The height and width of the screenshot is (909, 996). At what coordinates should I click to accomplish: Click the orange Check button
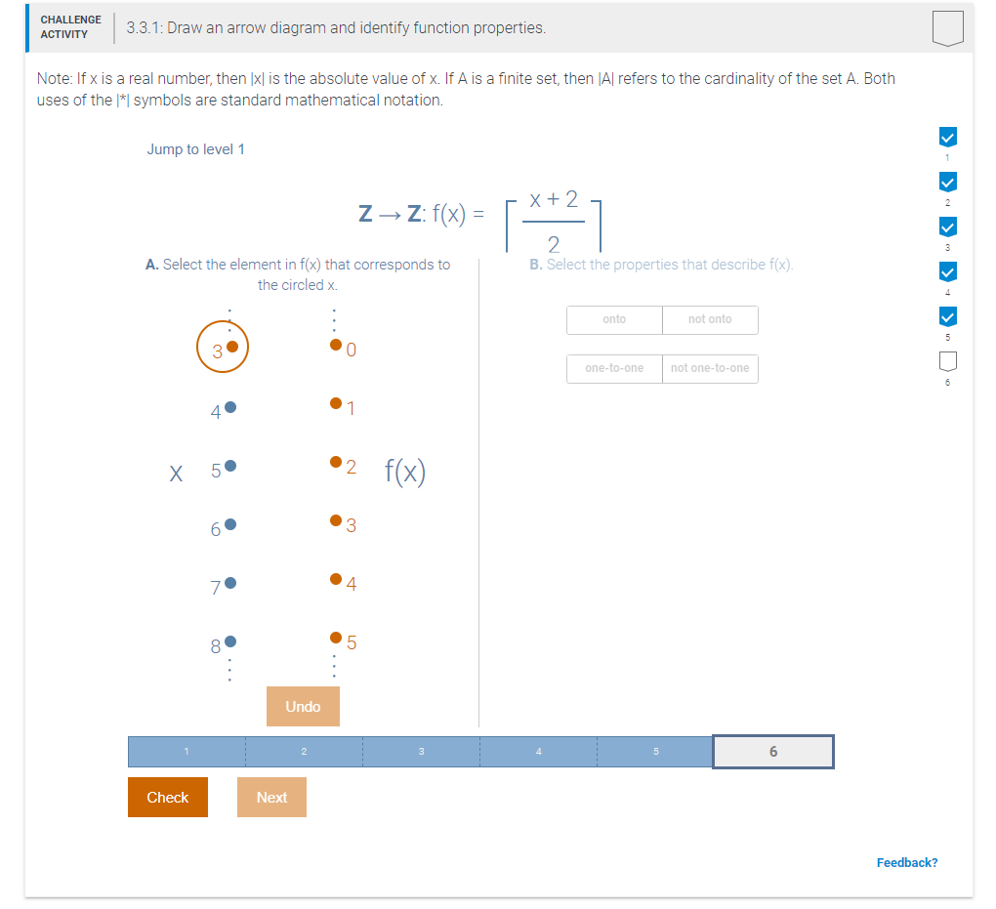(x=167, y=797)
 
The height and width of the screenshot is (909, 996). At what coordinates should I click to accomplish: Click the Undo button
(x=303, y=706)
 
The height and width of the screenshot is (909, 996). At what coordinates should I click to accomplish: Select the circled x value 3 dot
(x=231, y=347)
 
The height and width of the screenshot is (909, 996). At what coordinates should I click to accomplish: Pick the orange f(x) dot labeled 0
(x=336, y=345)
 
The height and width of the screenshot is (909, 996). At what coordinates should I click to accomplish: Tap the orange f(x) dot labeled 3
(x=336, y=522)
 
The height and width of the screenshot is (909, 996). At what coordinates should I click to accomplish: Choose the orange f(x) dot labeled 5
(x=336, y=639)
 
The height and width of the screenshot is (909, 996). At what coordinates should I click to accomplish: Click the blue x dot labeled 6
(x=230, y=525)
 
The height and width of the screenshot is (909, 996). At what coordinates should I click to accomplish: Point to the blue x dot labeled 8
(x=230, y=641)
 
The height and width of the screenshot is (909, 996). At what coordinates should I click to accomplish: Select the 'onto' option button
(x=614, y=319)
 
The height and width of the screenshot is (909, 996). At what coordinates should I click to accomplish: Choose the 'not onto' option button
(x=710, y=319)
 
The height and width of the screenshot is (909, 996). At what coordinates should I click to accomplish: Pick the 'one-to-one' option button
(x=614, y=368)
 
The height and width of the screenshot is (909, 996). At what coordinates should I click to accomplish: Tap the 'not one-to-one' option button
(x=710, y=368)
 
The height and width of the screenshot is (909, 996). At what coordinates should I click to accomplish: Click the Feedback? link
(x=906, y=862)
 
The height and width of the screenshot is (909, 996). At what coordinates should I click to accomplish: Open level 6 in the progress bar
(x=773, y=752)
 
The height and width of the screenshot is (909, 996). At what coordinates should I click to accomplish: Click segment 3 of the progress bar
(x=421, y=752)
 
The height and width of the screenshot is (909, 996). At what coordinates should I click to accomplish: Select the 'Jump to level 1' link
(x=195, y=149)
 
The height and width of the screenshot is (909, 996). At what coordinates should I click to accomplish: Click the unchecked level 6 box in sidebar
(x=946, y=362)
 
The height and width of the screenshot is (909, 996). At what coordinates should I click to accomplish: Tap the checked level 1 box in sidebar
(x=946, y=136)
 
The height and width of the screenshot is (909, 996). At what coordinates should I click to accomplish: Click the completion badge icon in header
(x=947, y=28)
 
